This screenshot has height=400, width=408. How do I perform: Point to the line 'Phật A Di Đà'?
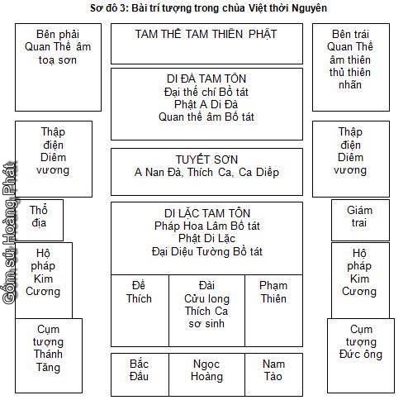206,104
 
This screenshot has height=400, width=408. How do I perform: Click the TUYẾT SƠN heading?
206,158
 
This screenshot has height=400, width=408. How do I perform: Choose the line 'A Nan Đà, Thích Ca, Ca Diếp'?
206,173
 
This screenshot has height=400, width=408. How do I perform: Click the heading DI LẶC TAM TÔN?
206,212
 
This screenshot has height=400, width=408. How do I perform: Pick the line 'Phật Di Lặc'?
206,237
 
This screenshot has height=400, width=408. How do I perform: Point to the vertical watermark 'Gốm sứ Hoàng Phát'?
9,240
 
